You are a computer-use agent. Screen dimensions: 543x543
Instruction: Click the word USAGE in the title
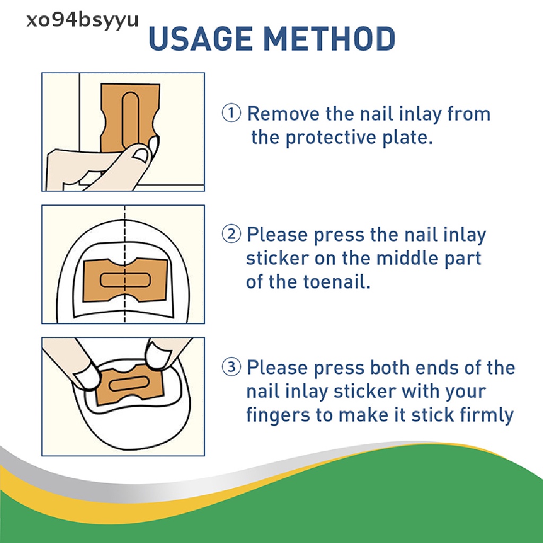click(x=201, y=38)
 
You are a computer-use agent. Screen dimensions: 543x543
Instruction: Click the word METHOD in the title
click(x=329, y=38)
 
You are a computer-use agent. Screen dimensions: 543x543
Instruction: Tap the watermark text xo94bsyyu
click(x=82, y=21)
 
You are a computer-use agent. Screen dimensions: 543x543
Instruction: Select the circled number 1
click(x=231, y=113)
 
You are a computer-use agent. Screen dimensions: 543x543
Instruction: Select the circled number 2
click(x=231, y=234)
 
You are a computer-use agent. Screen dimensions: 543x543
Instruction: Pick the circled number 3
click(x=231, y=367)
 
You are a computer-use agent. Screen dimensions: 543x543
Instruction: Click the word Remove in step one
click(x=283, y=113)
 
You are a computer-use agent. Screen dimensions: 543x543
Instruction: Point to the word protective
click(x=331, y=137)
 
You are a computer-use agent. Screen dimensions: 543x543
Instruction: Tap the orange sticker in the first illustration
click(x=130, y=116)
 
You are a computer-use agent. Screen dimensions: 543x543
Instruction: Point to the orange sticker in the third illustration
click(x=129, y=384)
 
